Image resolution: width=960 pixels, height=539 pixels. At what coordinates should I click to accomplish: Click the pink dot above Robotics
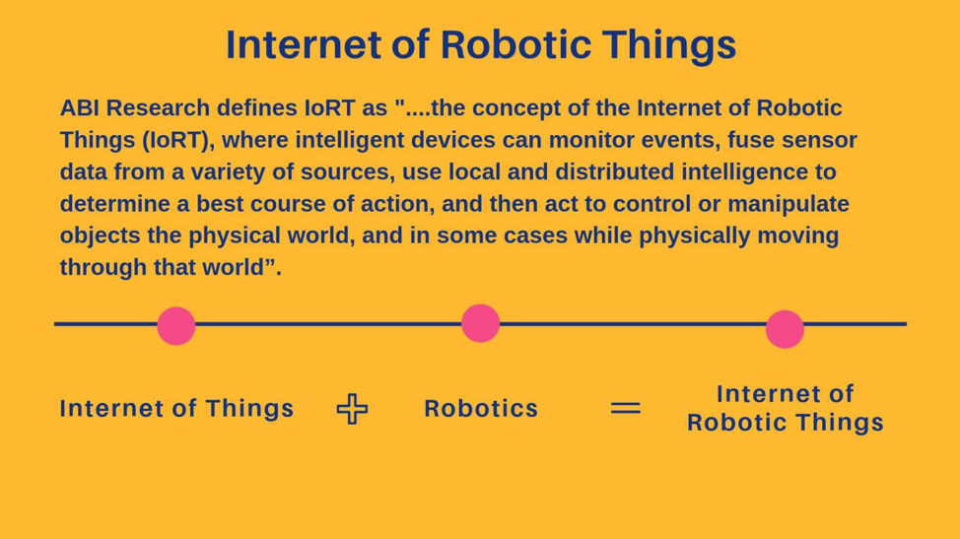[x=480, y=323]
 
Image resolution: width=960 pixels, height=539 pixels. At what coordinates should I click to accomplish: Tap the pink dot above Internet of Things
[x=175, y=326]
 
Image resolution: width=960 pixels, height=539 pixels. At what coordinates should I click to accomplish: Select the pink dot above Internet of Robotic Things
[x=785, y=329]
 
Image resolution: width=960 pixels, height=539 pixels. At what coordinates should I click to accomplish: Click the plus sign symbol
[x=353, y=409]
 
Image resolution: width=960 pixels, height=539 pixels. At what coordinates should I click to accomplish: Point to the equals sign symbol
[x=626, y=408]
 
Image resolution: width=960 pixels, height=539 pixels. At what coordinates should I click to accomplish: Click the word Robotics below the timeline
[x=481, y=409]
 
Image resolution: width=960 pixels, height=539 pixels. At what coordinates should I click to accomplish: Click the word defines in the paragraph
[x=257, y=108]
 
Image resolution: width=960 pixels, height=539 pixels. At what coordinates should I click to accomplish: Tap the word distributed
[x=615, y=171]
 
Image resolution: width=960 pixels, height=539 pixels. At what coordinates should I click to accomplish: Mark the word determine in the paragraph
[x=115, y=204]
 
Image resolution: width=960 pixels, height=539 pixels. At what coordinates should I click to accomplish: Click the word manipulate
[x=788, y=204]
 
